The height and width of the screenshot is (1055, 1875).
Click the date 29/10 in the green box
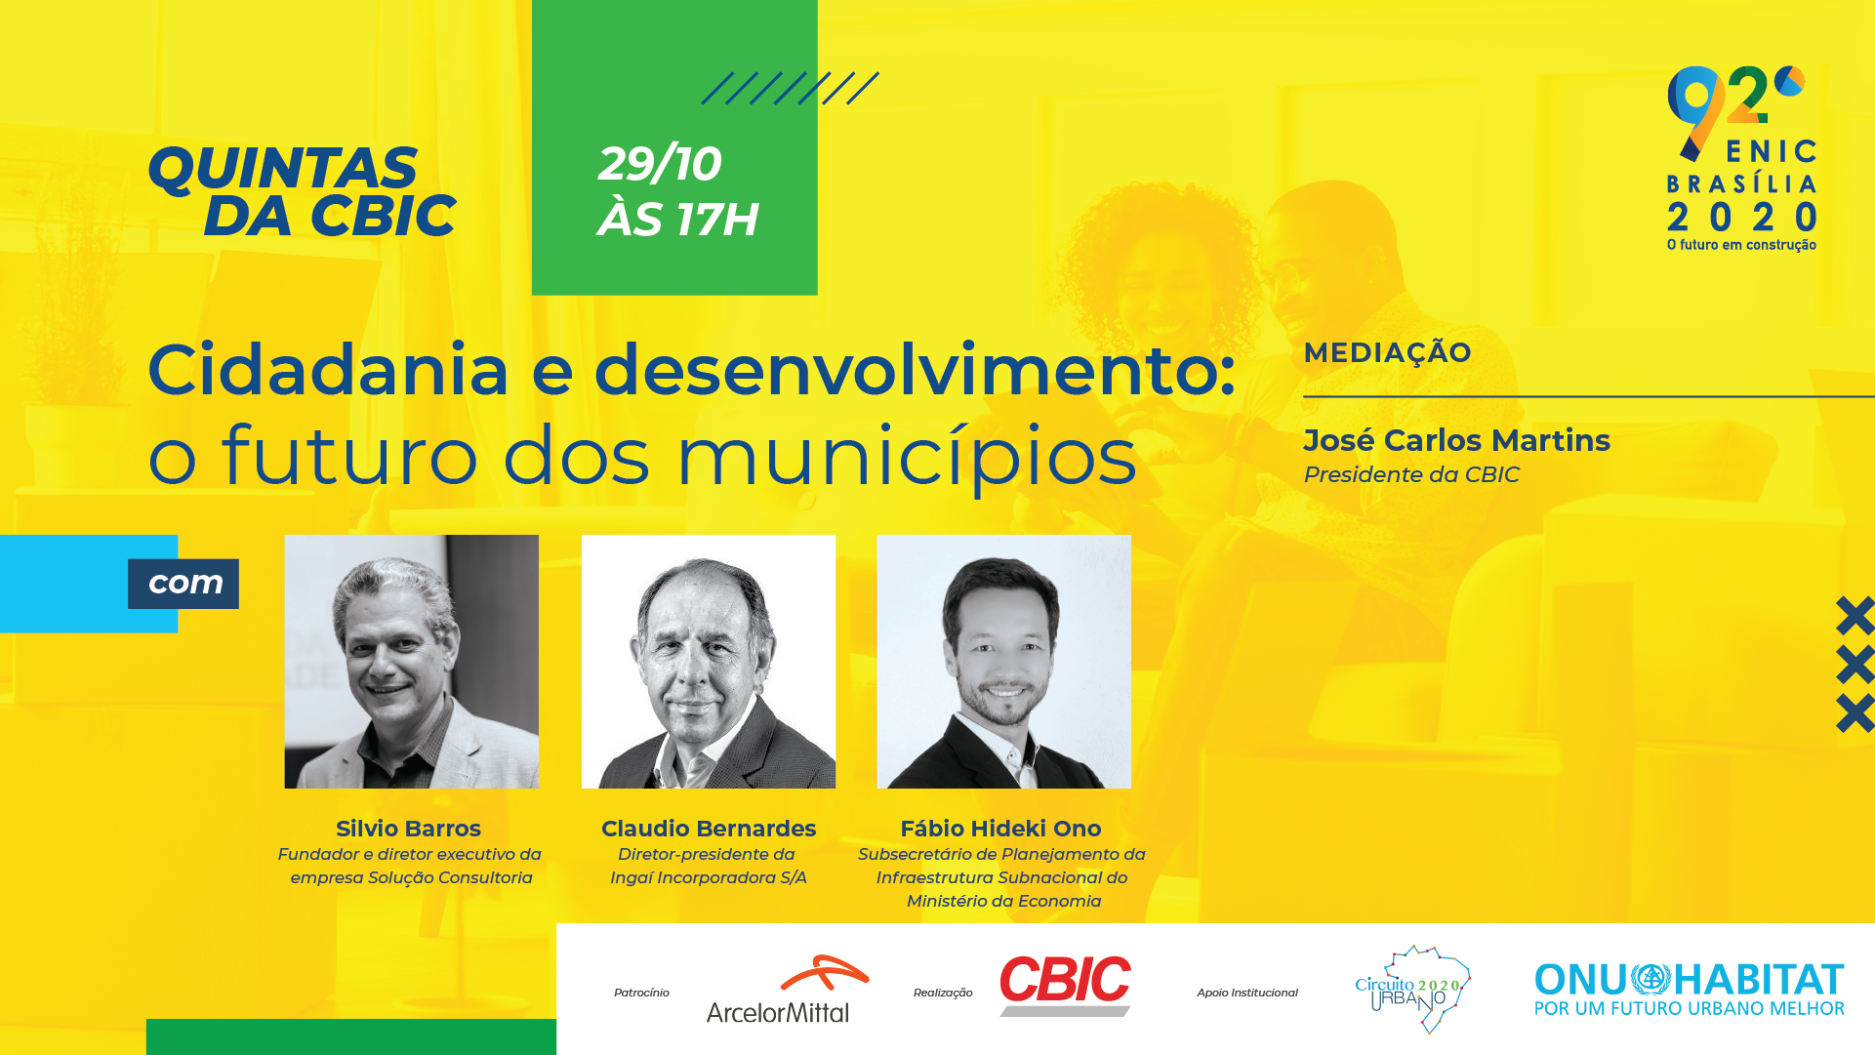[x=660, y=163]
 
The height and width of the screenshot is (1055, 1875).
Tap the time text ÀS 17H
[x=678, y=219]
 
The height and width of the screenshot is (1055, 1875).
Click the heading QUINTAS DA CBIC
[x=302, y=191]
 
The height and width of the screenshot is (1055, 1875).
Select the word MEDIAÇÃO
[x=1387, y=352]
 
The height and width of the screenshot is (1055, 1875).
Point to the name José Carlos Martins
[x=1456, y=440]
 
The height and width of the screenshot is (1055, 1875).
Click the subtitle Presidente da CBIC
[x=1411, y=474]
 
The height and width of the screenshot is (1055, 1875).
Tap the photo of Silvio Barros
[x=411, y=662]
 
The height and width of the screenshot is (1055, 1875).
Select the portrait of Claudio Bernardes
[x=709, y=662]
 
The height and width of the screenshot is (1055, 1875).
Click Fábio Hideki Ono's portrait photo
[x=1003, y=662]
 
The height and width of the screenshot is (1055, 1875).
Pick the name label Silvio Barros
[x=408, y=829]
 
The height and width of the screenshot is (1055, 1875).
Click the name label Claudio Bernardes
[x=709, y=829]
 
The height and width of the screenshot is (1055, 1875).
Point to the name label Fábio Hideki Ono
[x=1000, y=829]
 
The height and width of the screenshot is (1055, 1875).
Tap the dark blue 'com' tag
[x=183, y=584]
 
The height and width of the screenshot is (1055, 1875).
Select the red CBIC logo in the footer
[x=1065, y=985]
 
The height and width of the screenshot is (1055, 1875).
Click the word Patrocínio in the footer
[x=641, y=993]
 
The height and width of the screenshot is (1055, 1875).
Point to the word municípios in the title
[x=907, y=456]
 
